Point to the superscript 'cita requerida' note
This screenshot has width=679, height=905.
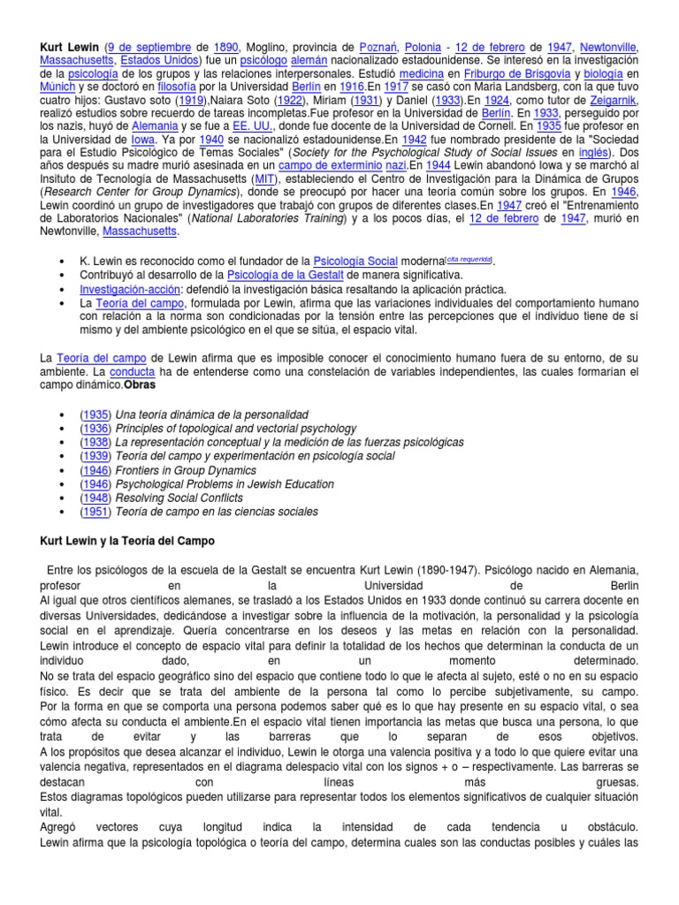pyautogui.click(x=470, y=257)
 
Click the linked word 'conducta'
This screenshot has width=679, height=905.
pyautogui.click(x=132, y=371)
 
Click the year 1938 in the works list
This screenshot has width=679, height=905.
pyautogui.click(x=95, y=442)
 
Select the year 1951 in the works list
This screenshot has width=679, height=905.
pyautogui.click(x=95, y=513)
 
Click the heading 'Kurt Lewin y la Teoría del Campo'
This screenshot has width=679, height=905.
pyautogui.click(x=127, y=540)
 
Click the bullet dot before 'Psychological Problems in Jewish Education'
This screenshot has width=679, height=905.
pyautogui.click(x=60, y=485)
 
